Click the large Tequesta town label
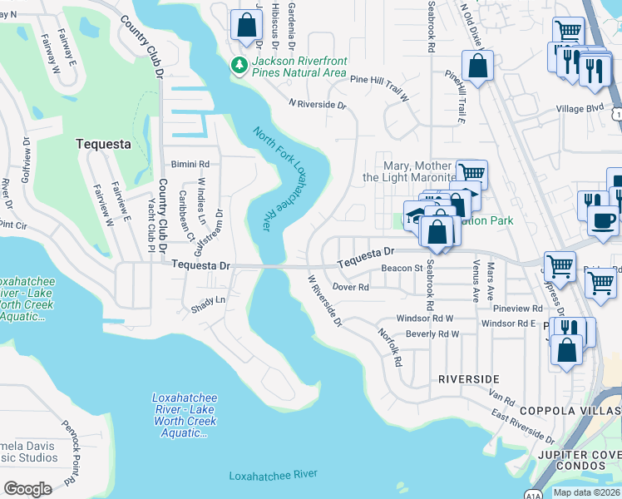click(103, 143)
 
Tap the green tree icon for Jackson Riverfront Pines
click(239, 64)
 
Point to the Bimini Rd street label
click(190, 164)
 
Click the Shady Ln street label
click(209, 299)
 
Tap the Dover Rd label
click(350, 286)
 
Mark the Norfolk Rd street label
click(390, 348)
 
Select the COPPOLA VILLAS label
click(570, 411)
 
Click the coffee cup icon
click(603, 220)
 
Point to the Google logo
click(27, 488)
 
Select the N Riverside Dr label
click(317, 105)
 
